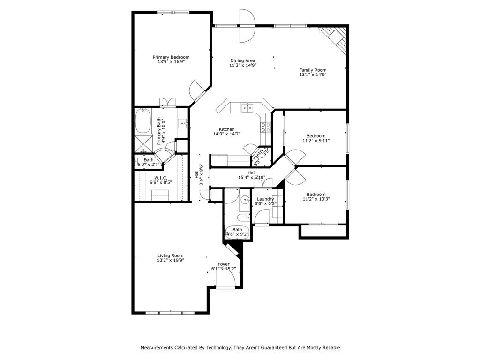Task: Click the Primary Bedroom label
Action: point(171,57)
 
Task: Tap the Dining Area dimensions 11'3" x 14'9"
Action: point(242,66)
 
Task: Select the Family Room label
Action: point(313,70)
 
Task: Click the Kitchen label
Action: point(227,129)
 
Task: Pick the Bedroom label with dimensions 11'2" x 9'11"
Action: point(316,136)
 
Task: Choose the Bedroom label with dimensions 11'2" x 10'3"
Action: point(316,195)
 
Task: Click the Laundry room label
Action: point(265,199)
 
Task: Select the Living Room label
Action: point(170,255)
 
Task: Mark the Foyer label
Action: point(224,264)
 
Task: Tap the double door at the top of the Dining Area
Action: point(247,25)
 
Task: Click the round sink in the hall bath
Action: point(245,201)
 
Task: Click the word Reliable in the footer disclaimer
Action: point(330,348)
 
